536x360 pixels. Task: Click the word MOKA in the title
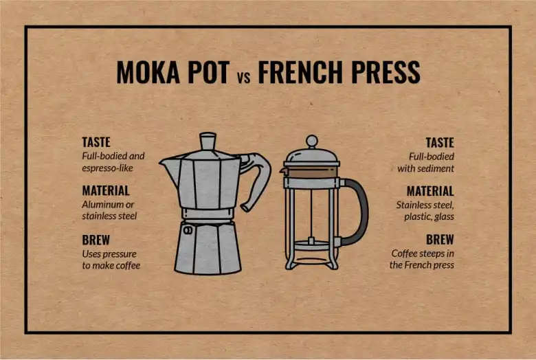pyautogui.click(x=148, y=72)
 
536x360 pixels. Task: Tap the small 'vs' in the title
pyautogui.click(x=243, y=77)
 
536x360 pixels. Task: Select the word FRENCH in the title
pyautogui.click(x=300, y=72)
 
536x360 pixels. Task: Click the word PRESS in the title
pyautogui.click(x=386, y=72)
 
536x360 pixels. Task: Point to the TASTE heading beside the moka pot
pyautogui.click(x=96, y=142)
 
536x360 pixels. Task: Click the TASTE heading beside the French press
pyautogui.click(x=440, y=143)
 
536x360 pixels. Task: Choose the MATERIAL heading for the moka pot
pyautogui.click(x=106, y=190)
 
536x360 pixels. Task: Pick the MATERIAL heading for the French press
pyautogui.click(x=430, y=191)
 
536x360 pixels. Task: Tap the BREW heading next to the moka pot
pyautogui.click(x=96, y=240)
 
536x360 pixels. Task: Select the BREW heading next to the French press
pyautogui.click(x=440, y=240)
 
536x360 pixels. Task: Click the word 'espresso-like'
pyautogui.click(x=107, y=168)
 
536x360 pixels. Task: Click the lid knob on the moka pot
pyautogui.click(x=208, y=142)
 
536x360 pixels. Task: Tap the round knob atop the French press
pyautogui.click(x=311, y=142)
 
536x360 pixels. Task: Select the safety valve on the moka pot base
pyautogui.click(x=188, y=230)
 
